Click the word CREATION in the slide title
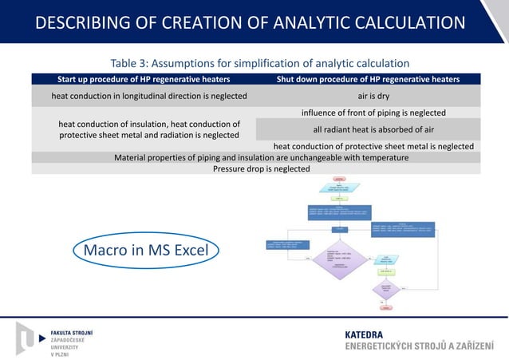[x=184, y=23]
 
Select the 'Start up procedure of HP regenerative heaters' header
[x=144, y=79]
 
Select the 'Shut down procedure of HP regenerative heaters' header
[x=368, y=79]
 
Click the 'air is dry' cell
[x=368, y=96]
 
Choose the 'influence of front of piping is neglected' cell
[x=368, y=113]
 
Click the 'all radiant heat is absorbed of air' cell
[x=368, y=129]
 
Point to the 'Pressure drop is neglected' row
[x=255, y=168]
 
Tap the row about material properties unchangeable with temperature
[x=255, y=157]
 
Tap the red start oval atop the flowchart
[x=339, y=179]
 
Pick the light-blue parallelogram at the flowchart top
[x=339, y=189]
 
